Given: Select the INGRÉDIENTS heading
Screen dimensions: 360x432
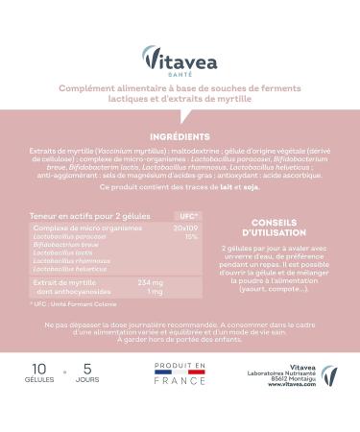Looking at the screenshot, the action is [180, 137].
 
